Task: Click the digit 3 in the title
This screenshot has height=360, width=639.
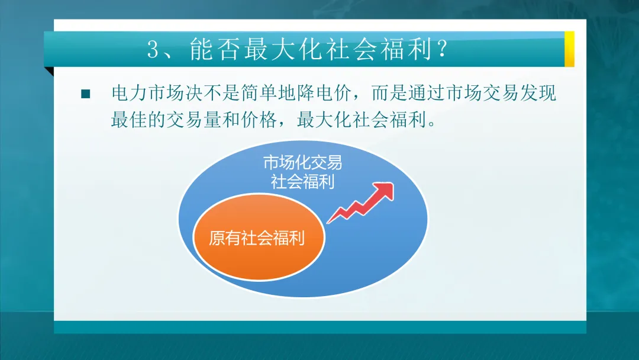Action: click(154, 50)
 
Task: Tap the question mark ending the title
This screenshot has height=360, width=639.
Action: click(440, 50)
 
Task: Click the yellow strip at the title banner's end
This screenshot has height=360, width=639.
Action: click(569, 49)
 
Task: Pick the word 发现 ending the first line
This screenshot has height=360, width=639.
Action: click(538, 94)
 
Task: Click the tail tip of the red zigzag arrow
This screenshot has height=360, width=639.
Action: click(329, 221)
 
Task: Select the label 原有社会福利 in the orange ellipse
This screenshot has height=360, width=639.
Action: click(257, 238)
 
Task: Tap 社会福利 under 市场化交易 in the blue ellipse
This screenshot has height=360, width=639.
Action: click(302, 181)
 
